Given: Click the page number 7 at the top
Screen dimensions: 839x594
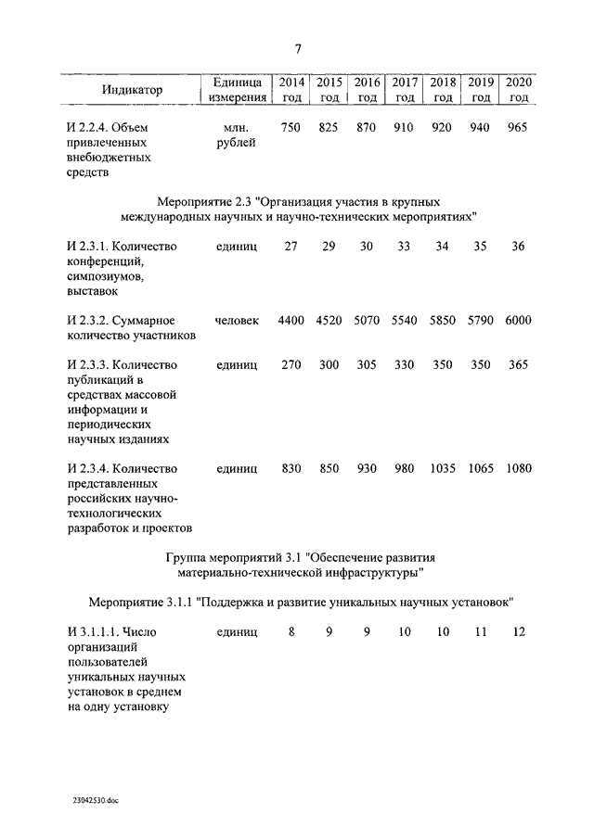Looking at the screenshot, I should click(298, 49).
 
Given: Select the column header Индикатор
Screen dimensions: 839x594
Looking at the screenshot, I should click(132, 90).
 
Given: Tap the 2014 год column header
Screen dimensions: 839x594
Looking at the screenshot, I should click(291, 89).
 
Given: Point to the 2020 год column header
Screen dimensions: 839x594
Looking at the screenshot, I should click(518, 89).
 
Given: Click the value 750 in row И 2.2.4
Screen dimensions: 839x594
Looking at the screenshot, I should click(291, 127).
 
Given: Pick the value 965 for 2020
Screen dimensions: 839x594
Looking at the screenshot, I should click(518, 127).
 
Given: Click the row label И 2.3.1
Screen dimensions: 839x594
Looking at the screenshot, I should click(90, 246).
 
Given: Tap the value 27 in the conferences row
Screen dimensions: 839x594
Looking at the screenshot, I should click(291, 246).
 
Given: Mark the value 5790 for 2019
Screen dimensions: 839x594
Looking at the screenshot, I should click(481, 320).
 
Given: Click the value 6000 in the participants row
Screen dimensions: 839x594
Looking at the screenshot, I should click(518, 320).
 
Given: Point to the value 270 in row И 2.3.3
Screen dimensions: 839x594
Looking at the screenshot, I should click(291, 364).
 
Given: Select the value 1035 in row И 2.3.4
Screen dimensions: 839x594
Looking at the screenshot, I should click(443, 468).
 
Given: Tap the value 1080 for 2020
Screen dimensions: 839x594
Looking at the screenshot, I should click(518, 468).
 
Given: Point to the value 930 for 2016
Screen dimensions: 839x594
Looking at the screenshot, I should click(367, 468).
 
